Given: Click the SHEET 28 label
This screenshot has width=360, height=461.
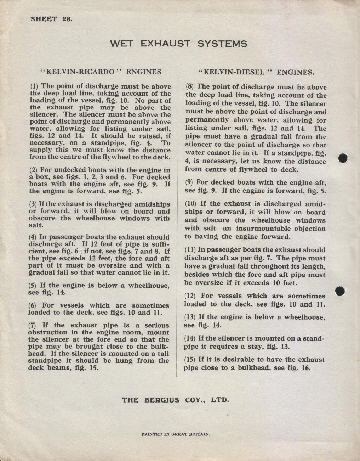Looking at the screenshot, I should (51, 19).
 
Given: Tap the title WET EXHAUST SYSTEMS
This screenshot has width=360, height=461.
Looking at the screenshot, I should (178, 44).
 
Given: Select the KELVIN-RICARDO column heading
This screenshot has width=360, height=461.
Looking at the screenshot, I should (101, 72).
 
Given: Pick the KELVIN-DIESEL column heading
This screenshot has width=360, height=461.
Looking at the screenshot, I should (256, 72).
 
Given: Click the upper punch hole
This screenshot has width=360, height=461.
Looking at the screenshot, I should (343, 158).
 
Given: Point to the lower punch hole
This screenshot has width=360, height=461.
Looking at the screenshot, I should (340, 291).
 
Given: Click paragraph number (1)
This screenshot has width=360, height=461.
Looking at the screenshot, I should (35, 86).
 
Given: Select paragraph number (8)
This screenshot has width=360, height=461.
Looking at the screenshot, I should (190, 86).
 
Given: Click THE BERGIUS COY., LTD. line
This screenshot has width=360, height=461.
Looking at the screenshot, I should (175, 400).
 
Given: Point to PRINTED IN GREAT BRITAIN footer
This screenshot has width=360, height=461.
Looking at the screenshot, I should (176, 434).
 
